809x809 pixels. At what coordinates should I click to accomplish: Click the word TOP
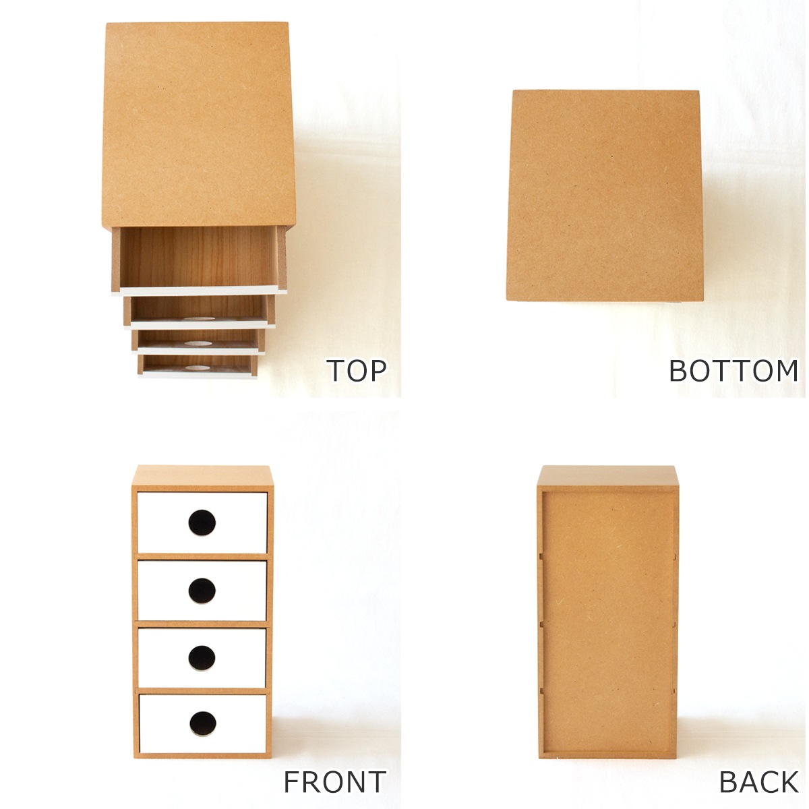point(357,370)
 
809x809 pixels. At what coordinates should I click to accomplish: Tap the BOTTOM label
point(734,370)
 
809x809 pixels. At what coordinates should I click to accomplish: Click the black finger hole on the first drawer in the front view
point(202,522)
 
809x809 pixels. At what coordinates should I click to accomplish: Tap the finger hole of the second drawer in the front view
point(202,591)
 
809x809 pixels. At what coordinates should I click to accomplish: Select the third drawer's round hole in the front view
point(202,658)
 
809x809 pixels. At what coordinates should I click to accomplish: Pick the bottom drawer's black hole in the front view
point(203,724)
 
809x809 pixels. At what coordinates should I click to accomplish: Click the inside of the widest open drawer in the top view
point(198,257)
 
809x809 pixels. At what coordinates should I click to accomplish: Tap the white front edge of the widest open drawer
point(200,291)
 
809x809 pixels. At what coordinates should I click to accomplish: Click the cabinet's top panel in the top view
point(198,125)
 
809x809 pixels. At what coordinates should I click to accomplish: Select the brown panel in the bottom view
point(605,196)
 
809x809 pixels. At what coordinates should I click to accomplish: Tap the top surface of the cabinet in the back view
point(607,475)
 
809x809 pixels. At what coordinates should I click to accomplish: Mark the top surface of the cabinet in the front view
point(203,475)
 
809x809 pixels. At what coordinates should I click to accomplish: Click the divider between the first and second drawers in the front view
point(202,557)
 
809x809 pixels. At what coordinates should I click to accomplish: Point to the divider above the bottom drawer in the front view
point(203,691)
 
